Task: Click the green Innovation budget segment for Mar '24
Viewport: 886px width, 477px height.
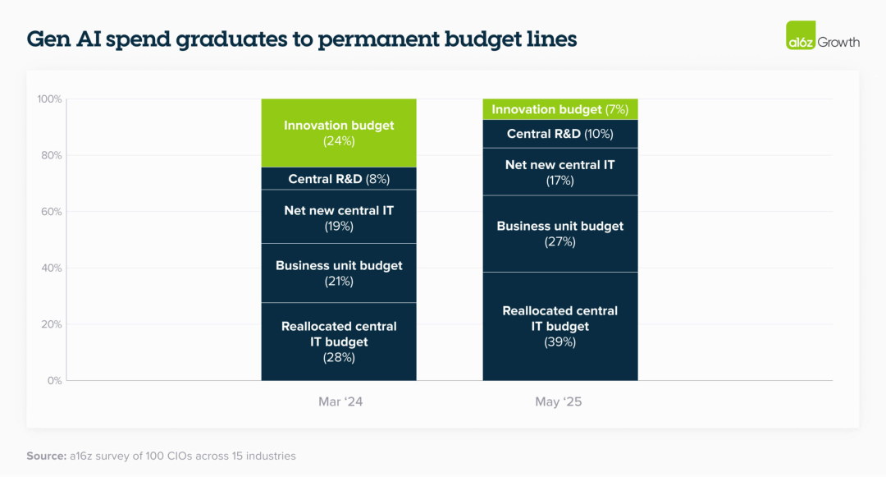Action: point(339,133)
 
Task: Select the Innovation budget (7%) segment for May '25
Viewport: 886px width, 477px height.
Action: point(560,109)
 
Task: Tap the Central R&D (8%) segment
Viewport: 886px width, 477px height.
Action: point(339,179)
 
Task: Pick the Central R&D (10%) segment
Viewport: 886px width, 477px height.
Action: point(560,134)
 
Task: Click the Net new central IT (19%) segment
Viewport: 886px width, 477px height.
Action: point(339,217)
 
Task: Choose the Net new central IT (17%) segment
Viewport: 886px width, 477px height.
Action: point(560,172)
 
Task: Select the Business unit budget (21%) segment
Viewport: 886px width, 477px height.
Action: point(339,273)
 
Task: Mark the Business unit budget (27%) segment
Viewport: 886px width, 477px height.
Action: point(560,234)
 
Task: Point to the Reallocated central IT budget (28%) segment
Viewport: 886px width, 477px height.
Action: point(339,342)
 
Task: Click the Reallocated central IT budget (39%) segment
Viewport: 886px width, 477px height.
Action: point(560,326)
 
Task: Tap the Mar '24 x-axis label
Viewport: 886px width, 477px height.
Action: point(340,401)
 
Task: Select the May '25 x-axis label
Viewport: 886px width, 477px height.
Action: point(559,401)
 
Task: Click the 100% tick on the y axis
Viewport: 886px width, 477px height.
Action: point(50,99)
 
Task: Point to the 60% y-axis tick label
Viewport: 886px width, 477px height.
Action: point(52,211)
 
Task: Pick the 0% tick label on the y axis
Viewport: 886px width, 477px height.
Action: point(54,380)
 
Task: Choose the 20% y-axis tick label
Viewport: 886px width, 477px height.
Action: point(52,324)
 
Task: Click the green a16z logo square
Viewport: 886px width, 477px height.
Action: point(801,35)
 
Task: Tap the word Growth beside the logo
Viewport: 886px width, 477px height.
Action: point(838,42)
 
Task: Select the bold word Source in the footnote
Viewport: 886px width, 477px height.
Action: point(46,456)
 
